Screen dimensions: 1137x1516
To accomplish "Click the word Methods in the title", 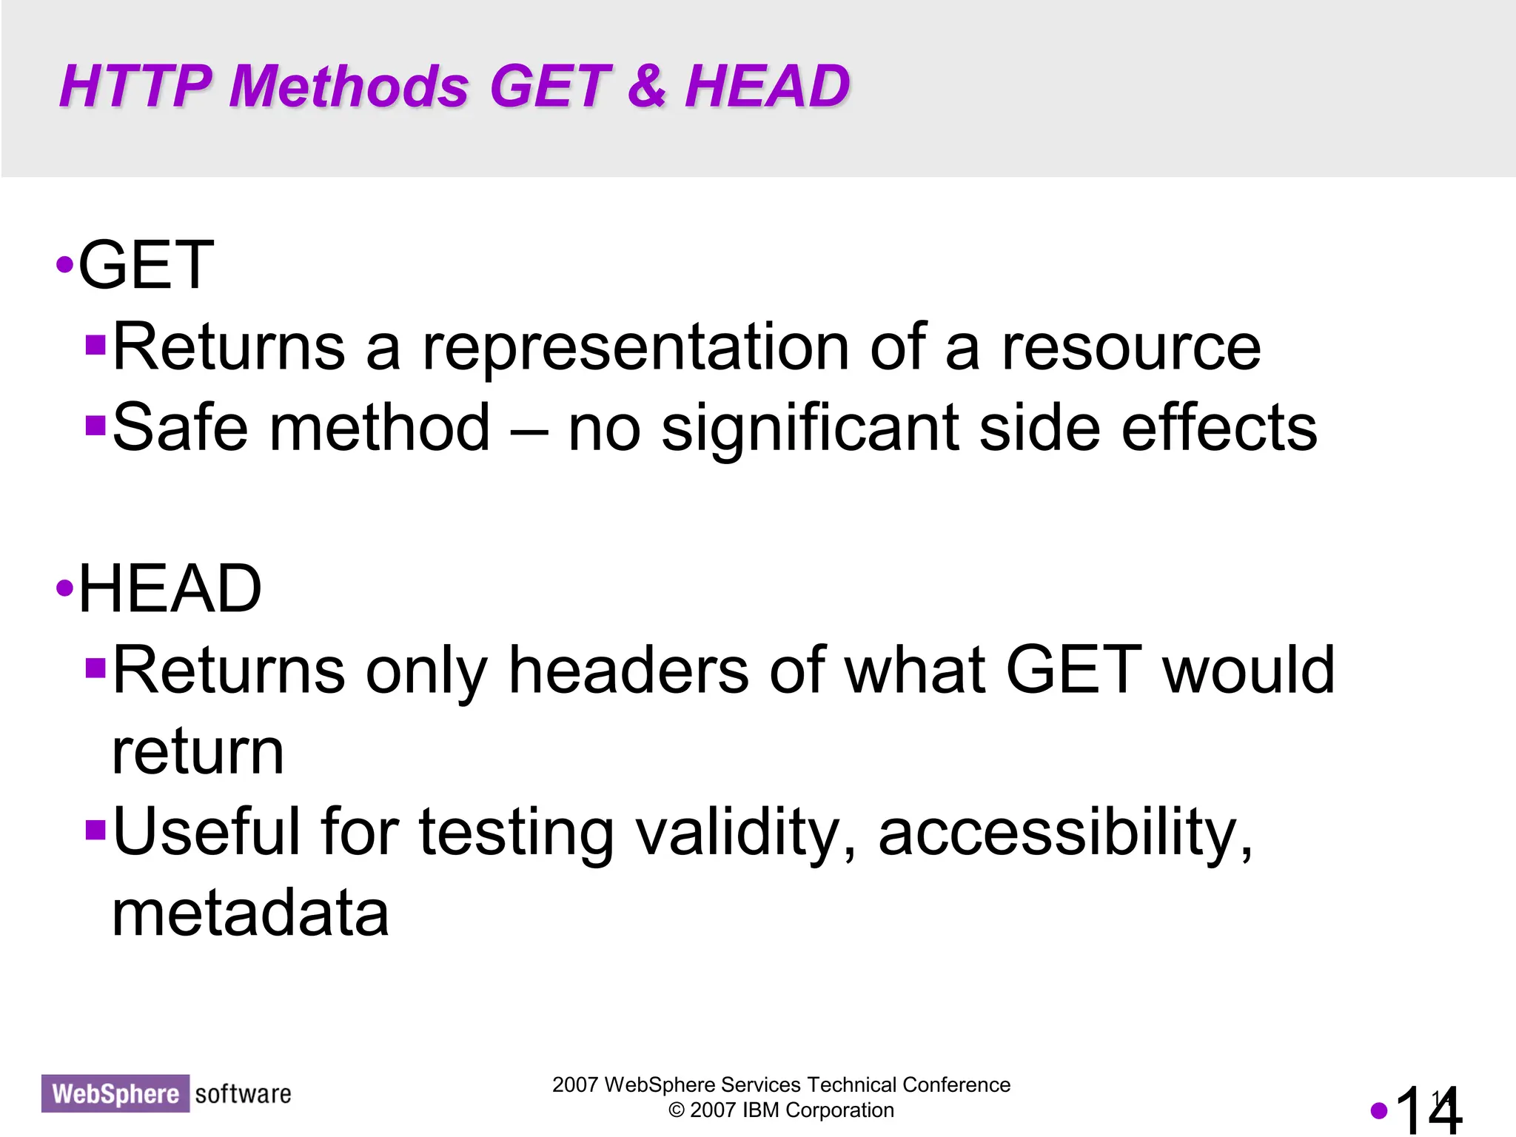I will pos(349,86).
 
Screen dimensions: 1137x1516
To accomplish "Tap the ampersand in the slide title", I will pos(646,86).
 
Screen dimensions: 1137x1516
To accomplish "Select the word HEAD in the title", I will pos(767,86).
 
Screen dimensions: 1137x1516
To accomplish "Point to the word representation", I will pos(635,348).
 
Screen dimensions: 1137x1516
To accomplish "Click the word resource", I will pos(1131,348).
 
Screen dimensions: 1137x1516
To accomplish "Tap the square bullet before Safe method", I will pos(95,426).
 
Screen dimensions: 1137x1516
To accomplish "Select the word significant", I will pos(810,429).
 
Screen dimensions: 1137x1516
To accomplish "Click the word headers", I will pos(628,670).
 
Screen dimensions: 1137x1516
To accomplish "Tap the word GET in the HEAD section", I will pos(1073,670).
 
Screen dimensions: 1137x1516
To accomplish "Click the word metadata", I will pos(250,913).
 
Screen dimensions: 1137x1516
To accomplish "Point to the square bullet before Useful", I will pos(95,831).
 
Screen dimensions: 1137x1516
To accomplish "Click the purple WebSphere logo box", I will pos(115,1093).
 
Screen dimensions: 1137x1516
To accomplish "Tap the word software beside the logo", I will pos(243,1093).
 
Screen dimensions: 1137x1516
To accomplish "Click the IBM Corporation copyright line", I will pos(781,1110).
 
